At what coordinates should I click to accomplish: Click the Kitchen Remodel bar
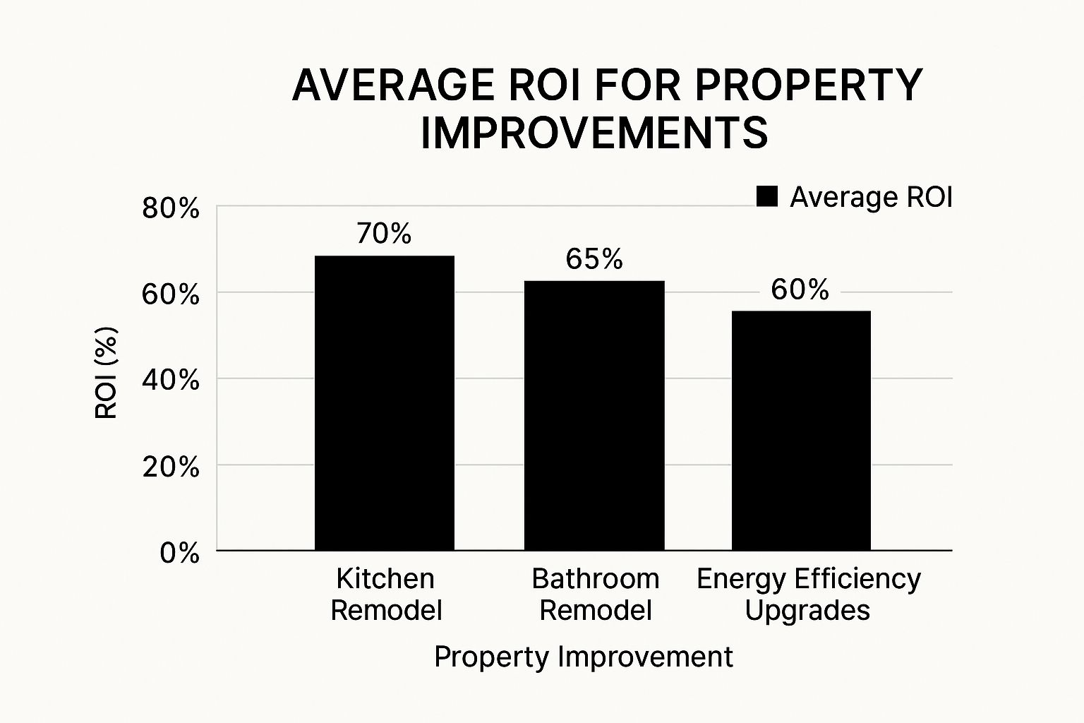(385, 402)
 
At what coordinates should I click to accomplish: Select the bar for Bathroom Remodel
(594, 415)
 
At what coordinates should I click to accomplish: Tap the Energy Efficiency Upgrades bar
(801, 430)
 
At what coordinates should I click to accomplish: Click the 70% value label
(384, 234)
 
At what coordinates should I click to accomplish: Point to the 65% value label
(594, 260)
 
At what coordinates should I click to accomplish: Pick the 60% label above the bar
(800, 289)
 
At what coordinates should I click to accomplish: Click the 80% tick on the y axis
(171, 210)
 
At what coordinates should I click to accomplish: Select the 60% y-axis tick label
(171, 294)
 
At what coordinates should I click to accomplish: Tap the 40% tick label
(171, 381)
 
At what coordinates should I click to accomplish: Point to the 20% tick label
(171, 467)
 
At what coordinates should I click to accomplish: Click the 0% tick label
(179, 553)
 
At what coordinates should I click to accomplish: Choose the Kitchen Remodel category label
(385, 594)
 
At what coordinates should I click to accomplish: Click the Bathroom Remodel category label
(595, 594)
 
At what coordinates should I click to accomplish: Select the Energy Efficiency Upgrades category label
(808, 594)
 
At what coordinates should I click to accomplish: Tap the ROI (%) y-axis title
(106, 373)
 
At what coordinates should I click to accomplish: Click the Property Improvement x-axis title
(584, 657)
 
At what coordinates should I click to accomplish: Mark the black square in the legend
(766, 197)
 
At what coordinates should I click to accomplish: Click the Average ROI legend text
(871, 198)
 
